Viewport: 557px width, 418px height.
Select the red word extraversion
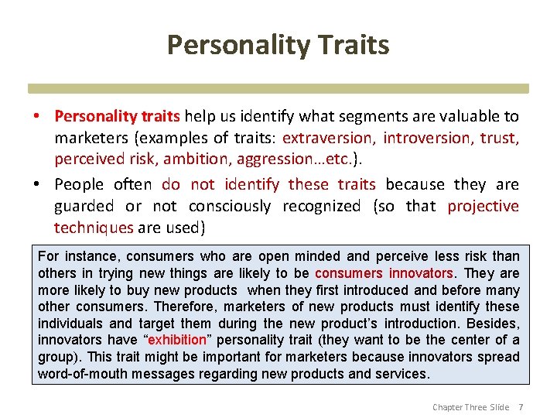point(329,139)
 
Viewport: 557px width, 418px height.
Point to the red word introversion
point(427,139)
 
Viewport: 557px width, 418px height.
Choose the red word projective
point(484,207)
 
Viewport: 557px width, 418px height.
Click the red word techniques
point(94,228)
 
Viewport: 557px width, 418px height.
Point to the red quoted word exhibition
point(177,340)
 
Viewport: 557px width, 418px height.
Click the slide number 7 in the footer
point(521,407)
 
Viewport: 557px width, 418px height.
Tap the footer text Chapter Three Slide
point(470,407)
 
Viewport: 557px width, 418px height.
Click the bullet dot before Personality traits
point(36,117)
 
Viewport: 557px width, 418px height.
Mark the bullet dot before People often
point(36,185)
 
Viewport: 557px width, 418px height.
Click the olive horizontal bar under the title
point(278,88)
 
